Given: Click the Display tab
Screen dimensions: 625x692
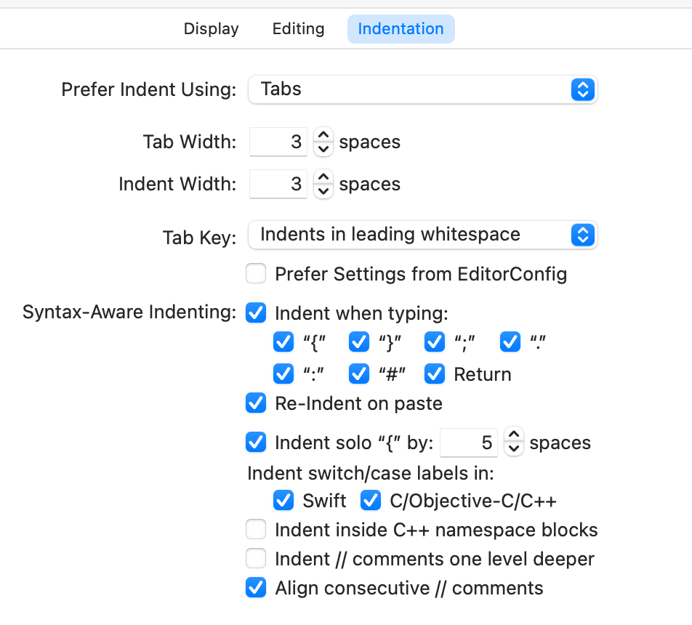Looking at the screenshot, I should [x=211, y=29].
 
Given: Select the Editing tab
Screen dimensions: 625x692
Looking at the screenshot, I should [x=298, y=29].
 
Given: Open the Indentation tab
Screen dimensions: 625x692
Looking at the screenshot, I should [x=401, y=29].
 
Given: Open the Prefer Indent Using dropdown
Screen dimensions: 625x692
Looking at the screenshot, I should [x=422, y=89].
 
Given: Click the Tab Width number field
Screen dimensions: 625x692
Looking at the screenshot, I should [x=278, y=142].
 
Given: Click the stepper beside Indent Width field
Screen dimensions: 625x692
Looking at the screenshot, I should [x=323, y=184].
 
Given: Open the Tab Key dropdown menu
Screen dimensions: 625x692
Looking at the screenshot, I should [x=422, y=235].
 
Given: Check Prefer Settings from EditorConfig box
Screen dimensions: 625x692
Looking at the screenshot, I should [x=256, y=274].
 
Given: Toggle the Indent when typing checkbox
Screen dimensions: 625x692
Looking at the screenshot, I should [x=256, y=313].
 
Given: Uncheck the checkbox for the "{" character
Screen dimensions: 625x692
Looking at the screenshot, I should [x=283, y=342].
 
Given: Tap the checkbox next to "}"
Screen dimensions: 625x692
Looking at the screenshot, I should [x=359, y=342].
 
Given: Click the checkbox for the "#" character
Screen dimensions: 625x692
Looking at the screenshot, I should [x=359, y=374].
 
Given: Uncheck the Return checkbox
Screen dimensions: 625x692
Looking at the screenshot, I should [x=435, y=374].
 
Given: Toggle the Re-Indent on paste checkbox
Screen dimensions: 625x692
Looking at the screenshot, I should [x=256, y=403].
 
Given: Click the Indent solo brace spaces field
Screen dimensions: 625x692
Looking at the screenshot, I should [x=469, y=443].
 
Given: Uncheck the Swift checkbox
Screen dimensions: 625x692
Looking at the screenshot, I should [x=283, y=501].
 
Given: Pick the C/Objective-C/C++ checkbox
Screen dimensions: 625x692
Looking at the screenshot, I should [x=371, y=501].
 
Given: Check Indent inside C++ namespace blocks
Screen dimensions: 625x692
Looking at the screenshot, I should [x=256, y=530].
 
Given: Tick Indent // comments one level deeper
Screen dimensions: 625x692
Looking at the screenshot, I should [x=256, y=559].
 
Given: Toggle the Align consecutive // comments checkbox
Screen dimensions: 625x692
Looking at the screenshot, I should [x=256, y=587].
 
